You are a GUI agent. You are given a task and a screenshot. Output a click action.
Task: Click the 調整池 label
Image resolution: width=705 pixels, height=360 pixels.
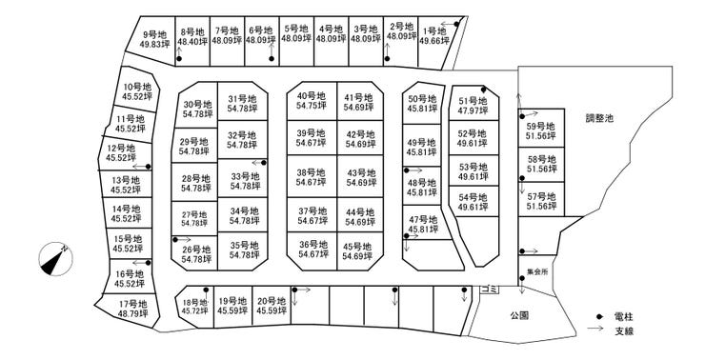599,119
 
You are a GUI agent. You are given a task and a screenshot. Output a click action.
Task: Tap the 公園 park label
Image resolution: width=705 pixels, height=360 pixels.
519,315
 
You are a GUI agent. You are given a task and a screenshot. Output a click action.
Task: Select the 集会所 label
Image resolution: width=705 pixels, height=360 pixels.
537,272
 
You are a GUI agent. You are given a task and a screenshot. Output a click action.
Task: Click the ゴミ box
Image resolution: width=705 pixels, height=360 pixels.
489,290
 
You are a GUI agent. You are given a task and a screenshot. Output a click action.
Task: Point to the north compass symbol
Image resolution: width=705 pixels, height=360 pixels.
56,259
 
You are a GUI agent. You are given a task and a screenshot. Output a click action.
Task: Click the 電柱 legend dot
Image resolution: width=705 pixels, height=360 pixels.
599,317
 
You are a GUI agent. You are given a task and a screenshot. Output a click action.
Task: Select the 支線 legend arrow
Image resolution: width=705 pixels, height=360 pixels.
595,329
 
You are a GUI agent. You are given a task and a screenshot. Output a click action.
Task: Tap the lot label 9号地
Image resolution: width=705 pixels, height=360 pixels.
154,34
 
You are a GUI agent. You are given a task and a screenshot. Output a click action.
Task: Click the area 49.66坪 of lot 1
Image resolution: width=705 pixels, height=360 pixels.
434,41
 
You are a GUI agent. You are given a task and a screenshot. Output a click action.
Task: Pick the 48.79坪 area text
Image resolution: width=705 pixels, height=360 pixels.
133,313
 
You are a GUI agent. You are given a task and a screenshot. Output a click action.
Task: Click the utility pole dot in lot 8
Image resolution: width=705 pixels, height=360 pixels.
179,59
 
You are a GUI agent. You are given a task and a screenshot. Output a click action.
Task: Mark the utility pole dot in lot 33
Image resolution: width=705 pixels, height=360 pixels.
264,163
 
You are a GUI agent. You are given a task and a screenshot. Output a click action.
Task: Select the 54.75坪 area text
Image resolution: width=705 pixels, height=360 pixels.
312,106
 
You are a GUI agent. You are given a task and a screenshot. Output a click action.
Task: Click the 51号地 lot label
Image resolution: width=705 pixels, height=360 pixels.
473,101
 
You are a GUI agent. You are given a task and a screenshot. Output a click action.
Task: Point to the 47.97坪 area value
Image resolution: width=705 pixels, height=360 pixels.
473,111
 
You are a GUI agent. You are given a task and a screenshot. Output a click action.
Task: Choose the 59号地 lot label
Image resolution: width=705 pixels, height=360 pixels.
541,127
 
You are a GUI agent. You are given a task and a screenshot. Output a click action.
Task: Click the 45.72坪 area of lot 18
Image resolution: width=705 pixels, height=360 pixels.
195,310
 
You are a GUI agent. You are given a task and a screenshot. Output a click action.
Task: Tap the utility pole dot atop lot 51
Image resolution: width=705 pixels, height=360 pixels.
483,90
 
